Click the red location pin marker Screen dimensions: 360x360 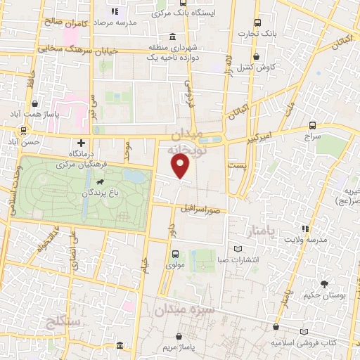181,165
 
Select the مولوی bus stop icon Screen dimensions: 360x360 175,254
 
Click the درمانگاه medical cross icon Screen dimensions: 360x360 82,143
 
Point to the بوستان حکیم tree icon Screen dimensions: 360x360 324,285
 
